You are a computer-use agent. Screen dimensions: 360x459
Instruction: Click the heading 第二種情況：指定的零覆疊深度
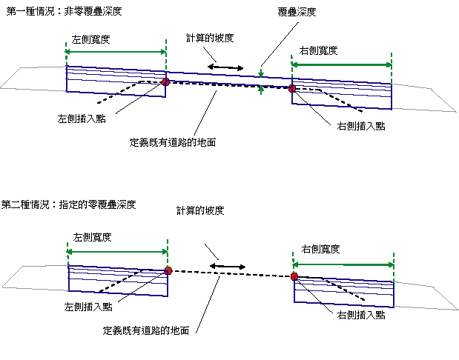point(69,204)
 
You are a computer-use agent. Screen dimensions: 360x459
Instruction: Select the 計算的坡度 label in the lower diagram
point(200,210)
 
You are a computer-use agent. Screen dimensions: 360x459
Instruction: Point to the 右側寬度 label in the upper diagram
point(319,50)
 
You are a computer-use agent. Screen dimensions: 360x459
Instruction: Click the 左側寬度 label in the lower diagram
point(92,237)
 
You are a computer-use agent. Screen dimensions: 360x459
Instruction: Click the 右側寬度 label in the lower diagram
point(320,250)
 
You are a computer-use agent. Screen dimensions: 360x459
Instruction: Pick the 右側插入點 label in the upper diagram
point(357,126)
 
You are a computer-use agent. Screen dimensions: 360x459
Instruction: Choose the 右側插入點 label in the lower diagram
point(360,315)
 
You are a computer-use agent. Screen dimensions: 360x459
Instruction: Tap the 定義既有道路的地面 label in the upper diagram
point(172,141)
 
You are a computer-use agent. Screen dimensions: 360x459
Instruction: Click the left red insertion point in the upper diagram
point(165,82)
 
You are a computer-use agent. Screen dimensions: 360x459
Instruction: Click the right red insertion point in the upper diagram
point(292,89)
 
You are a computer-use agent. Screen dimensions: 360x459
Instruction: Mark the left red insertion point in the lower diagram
point(168,270)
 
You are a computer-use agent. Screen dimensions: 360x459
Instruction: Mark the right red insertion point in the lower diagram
point(294,276)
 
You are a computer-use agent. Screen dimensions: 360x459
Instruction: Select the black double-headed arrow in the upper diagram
point(225,68)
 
